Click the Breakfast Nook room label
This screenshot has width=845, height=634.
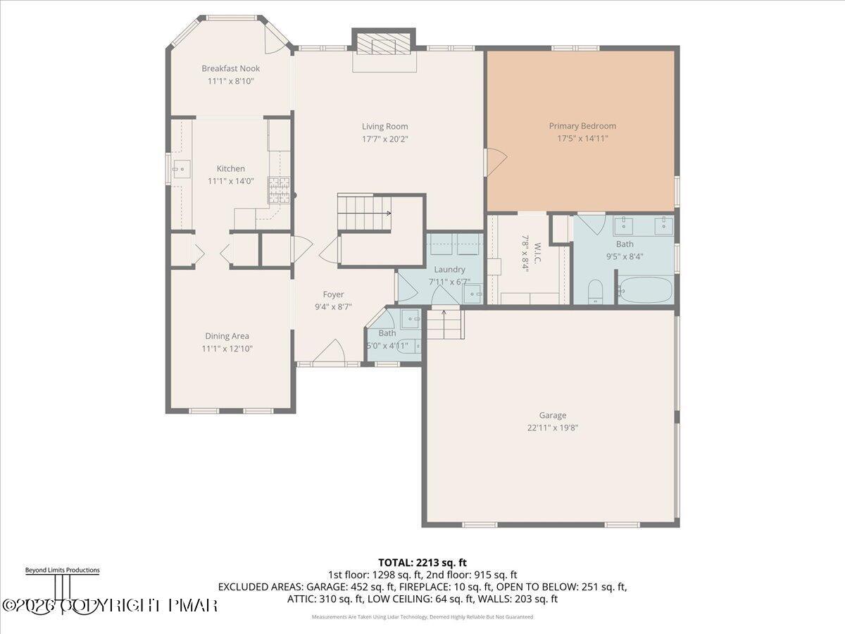pyautogui.click(x=230, y=68)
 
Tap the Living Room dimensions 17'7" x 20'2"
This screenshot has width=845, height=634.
pyautogui.click(x=385, y=139)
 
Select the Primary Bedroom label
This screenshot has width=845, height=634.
pyautogui.click(x=582, y=126)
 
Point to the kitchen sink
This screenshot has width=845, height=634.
pyautogui.click(x=182, y=168)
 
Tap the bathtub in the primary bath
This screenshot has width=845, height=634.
pyautogui.click(x=645, y=290)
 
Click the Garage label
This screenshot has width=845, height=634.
pyautogui.click(x=553, y=416)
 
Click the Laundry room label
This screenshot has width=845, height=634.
pyautogui.click(x=449, y=269)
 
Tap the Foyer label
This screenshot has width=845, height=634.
pyautogui.click(x=333, y=294)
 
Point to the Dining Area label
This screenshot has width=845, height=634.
pyautogui.click(x=227, y=336)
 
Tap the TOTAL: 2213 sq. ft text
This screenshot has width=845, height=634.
pyautogui.click(x=423, y=562)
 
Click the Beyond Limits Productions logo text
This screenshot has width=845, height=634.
pyautogui.click(x=62, y=570)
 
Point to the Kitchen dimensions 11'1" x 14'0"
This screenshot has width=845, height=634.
pyautogui.click(x=230, y=181)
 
